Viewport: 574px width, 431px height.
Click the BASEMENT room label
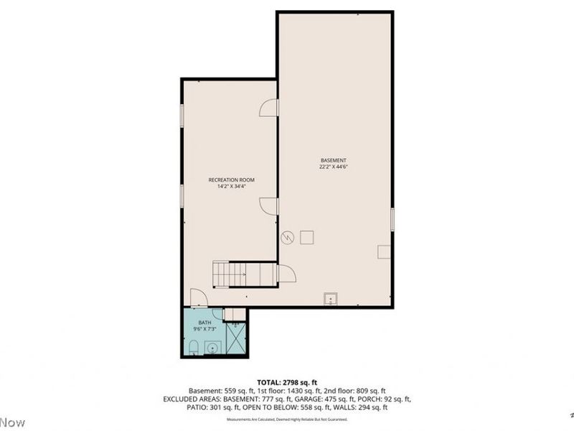[334, 159]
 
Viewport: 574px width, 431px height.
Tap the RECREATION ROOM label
[231, 180]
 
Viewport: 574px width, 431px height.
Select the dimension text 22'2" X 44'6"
[334, 167]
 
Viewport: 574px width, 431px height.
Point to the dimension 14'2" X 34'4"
[231, 187]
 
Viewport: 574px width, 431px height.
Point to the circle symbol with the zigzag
[288, 237]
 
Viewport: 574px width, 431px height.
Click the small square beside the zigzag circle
[307, 237]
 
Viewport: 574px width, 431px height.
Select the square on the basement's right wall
[385, 251]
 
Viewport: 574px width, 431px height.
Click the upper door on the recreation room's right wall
[268, 108]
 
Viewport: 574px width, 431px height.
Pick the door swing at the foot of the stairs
[286, 274]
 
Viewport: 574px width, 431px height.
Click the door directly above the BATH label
[198, 297]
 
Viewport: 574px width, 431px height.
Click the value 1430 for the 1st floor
[293, 390]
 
